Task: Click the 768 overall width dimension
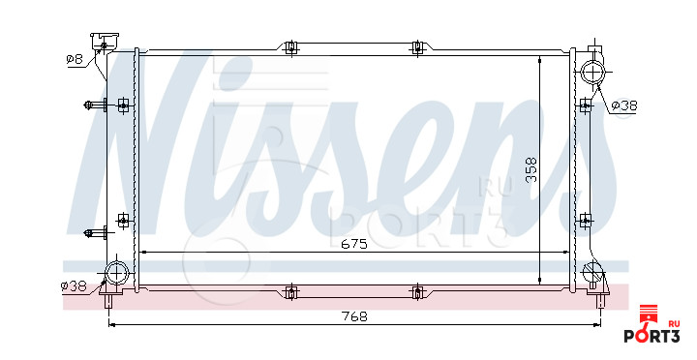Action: click(354, 316)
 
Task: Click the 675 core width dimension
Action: click(354, 244)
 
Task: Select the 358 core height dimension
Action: click(531, 169)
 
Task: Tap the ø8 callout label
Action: click(75, 59)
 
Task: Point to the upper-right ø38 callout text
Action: click(624, 105)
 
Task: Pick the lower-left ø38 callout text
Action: click(74, 286)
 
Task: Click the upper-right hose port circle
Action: click(593, 72)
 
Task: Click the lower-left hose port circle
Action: click(116, 272)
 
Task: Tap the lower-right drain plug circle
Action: click(592, 270)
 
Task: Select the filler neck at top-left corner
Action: click(104, 42)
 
